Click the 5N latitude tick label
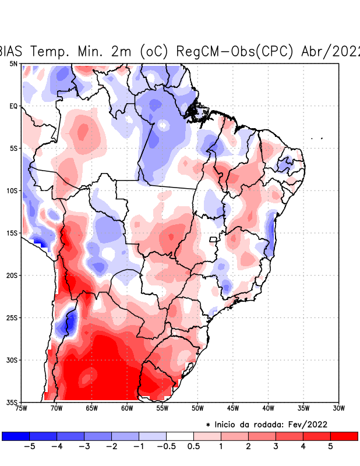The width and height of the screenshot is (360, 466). coord(13,63)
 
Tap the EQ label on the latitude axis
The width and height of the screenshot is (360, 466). coord(13,106)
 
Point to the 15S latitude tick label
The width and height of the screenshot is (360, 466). coord(12,233)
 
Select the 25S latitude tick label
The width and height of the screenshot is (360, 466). coord(12,317)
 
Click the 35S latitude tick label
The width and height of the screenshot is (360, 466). coord(12,402)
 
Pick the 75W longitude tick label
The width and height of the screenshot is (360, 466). coord(22,408)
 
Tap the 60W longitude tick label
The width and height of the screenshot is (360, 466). coord(127,408)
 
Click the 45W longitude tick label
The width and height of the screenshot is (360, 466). coord(233,408)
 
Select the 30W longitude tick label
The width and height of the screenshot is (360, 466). coord(338,408)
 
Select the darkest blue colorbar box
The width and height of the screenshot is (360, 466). coord(16,436)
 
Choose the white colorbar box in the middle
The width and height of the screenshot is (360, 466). coord(180,436)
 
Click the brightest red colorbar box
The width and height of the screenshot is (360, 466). coord(344,436)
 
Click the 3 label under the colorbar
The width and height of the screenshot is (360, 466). coord(276,447)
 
